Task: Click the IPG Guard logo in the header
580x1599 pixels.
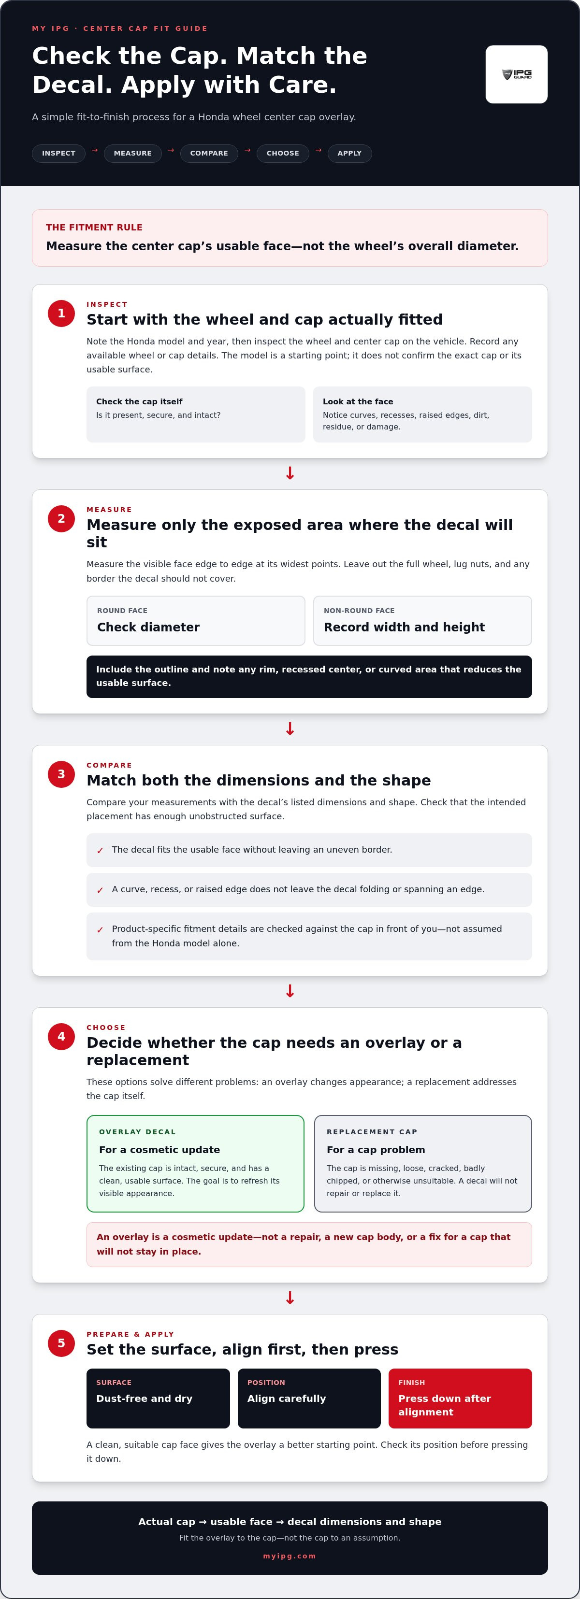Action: (516, 74)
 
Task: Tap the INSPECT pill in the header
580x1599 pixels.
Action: (58, 153)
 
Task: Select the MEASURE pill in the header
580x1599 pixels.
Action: (133, 153)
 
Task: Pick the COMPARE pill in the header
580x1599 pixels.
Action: (209, 153)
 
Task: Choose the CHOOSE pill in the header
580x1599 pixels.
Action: (283, 153)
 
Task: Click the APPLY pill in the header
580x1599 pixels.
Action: (349, 153)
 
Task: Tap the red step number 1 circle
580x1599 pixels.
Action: (61, 314)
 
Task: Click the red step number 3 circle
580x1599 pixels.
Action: (61, 774)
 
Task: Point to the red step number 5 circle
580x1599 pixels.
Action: (61, 1343)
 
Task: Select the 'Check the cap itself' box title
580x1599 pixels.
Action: (139, 401)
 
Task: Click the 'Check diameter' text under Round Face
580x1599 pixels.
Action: (148, 627)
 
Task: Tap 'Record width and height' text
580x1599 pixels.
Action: (404, 627)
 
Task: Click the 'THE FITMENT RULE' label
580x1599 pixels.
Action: (94, 227)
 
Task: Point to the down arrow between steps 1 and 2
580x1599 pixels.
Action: (290, 473)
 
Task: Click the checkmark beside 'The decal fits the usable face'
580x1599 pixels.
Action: (100, 850)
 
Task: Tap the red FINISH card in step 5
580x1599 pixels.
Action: (460, 1399)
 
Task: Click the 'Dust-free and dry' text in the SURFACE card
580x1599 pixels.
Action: (144, 1399)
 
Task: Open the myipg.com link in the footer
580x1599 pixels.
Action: (290, 1556)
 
